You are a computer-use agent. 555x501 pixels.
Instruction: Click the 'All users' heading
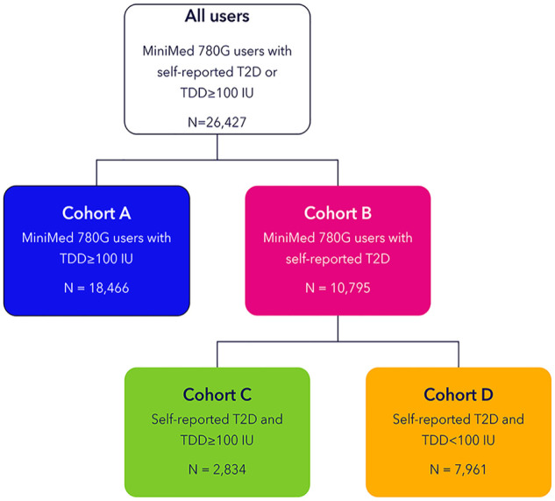[x=217, y=17]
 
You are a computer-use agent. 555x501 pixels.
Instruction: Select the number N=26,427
[x=217, y=122]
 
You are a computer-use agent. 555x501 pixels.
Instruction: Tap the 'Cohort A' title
[x=96, y=213]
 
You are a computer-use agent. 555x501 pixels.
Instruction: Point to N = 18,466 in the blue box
[x=96, y=288]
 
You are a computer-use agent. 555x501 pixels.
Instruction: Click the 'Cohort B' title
[x=338, y=213]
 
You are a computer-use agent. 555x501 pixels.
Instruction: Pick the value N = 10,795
[x=338, y=288]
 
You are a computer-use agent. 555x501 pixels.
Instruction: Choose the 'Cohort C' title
[x=217, y=395]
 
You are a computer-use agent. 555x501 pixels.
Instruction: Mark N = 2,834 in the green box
[x=217, y=469]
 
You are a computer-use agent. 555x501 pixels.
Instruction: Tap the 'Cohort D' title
[x=459, y=395]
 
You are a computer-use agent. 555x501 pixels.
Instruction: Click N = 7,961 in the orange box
[x=459, y=469]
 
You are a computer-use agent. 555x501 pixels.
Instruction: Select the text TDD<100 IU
[x=459, y=440]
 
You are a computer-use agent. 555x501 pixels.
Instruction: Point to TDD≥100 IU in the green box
[x=217, y=440]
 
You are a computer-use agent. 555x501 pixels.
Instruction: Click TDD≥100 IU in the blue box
[x=96, y=259]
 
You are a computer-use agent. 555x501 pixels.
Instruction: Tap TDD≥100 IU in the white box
[x=217, y=93]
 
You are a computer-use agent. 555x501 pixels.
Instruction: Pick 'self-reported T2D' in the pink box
[x=338, y=259]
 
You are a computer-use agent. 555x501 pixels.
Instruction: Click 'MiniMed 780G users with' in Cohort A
[x=96, y=238]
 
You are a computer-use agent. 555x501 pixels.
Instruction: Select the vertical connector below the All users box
[x=217, y=147]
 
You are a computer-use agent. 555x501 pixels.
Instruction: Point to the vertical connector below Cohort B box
[x=338, y=328]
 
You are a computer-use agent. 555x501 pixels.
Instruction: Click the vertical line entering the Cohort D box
[x=459, y=354]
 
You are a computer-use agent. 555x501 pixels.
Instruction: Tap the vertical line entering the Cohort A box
[x=96, y=173]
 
